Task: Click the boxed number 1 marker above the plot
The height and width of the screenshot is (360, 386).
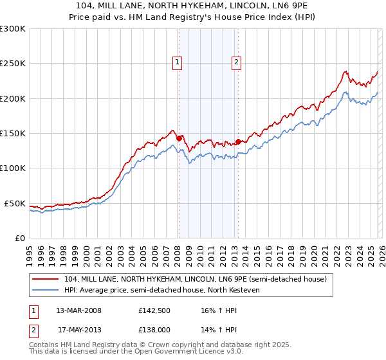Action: click(177, 62)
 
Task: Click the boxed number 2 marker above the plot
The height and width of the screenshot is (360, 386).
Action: click(236, 62)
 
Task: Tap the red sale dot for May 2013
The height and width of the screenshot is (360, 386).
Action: click(238, 141)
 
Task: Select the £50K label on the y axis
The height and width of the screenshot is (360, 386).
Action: click(15, 203)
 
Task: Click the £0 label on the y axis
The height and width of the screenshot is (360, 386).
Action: click(20, 238)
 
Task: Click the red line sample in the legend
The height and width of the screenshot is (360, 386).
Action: click(46, 279)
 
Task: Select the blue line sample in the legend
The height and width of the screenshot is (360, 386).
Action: click(46, 290)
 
